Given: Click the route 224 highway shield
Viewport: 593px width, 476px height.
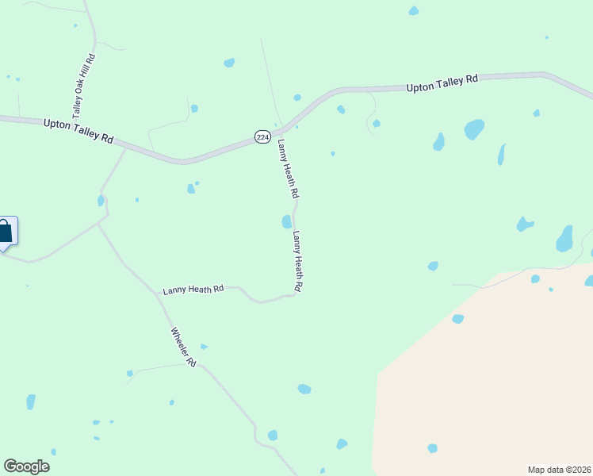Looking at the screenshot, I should coord(262,136).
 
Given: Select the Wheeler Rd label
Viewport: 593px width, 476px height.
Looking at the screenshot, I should coord(183,347).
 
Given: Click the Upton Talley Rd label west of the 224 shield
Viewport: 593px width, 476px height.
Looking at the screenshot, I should coord(78,129).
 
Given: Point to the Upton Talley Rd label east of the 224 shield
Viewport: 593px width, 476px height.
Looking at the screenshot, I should coord(442,83).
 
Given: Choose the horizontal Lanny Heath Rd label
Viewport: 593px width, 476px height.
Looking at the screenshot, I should coord(193,290).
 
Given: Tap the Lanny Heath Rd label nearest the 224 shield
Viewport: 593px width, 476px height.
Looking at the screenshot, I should coord(288,168).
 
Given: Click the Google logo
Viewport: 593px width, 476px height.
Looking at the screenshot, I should coord(26,466).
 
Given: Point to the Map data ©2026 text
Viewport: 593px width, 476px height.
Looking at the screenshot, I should coord(560,470).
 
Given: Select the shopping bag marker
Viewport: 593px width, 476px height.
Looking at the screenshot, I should coord(5,232).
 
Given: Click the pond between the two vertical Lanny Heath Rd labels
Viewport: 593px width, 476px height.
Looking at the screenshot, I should coord(286,221).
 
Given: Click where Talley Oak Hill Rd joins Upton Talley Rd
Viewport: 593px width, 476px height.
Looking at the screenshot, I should coord(72,123).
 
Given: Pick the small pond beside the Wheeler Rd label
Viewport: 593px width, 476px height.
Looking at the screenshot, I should coord(204,347).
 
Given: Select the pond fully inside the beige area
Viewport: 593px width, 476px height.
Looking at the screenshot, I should coord(432,448).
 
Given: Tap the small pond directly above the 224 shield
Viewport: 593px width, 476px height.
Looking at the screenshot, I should coord(296,98).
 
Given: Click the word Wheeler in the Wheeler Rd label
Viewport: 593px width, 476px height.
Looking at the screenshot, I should coord(179,340).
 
